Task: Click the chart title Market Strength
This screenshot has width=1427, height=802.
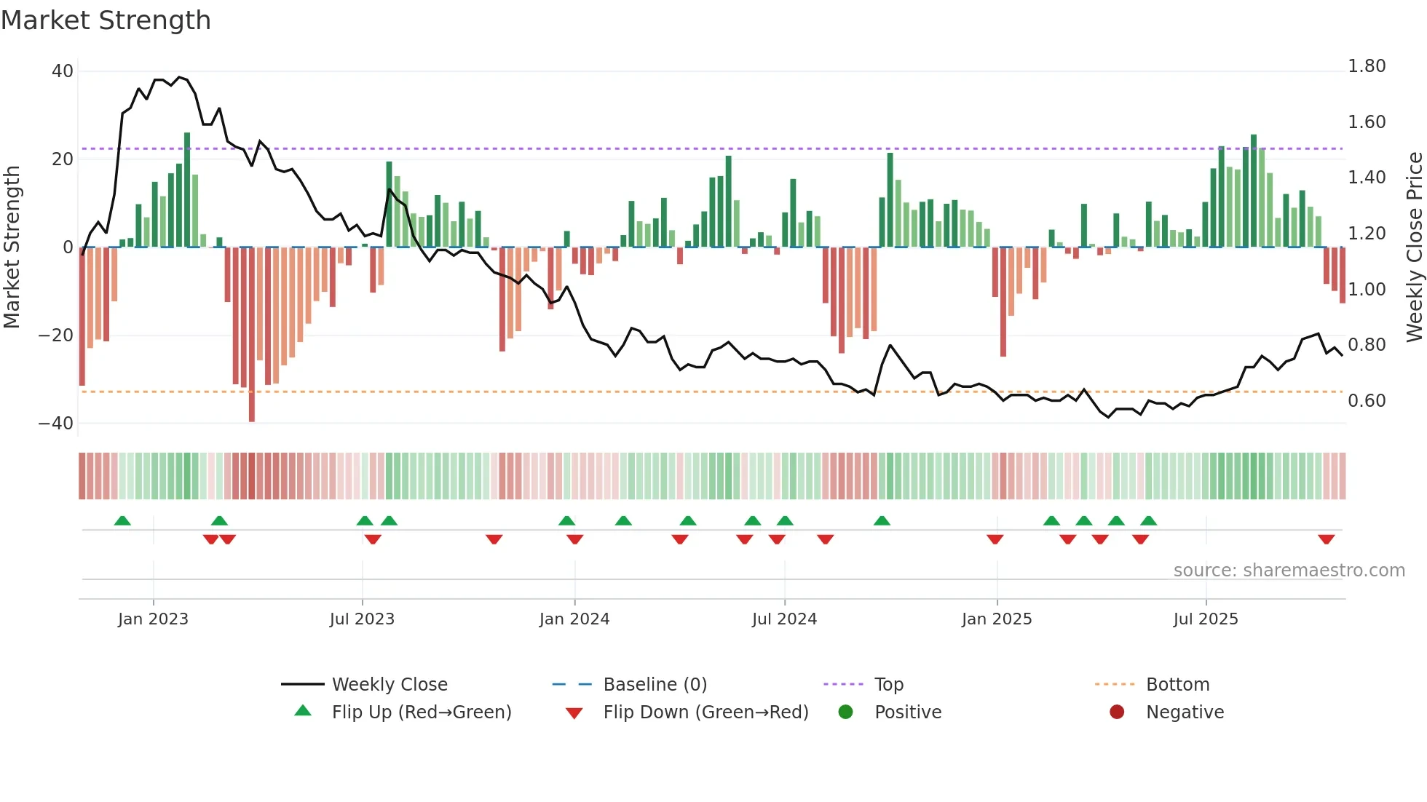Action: click(106, 20)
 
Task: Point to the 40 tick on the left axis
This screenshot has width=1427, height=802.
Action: click(63, 71)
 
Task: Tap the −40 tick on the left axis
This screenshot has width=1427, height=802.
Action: click(56, 424)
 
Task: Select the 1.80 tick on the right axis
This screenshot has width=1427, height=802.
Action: click(1367, 66)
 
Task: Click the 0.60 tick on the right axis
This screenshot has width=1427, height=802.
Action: click(1367, 401)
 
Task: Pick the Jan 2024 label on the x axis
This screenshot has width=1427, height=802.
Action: click(574, 619)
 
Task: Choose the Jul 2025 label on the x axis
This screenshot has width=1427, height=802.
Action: click(1206, 619)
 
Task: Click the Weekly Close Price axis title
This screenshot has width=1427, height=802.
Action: click(1414, 247)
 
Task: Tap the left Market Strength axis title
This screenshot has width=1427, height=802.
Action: click(12, 247)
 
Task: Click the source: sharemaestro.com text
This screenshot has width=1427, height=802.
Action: click(1289, 571)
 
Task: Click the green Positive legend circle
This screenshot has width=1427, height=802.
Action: click(845, 712)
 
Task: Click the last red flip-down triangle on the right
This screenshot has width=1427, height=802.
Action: click(1326, 539)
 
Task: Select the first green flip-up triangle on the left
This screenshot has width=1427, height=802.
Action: click(122, 520)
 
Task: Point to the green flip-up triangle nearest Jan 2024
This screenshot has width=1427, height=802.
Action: click(566, 520)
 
